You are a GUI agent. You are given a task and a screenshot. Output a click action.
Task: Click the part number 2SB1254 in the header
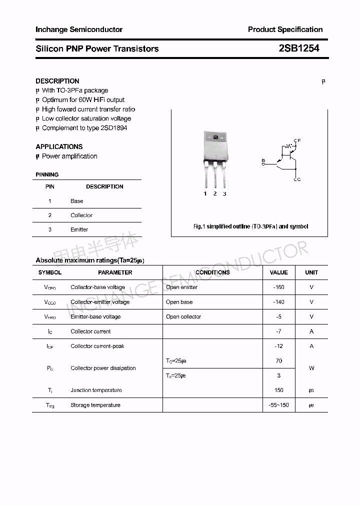click(x=298, y=48)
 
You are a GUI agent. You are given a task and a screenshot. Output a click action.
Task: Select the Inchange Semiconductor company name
click(x=79, y=29)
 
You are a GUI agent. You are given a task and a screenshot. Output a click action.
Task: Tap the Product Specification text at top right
click(x=285, y=29)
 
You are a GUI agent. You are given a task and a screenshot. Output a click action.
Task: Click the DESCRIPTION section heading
click(x=57, y=81)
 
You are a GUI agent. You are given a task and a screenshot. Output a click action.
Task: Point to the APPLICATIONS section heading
click(x=59, y=146)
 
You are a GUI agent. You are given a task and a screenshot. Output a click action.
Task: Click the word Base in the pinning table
click(x=76, y=201)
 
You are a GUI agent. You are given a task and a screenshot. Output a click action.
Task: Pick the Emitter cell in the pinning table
click(x=79, y=229)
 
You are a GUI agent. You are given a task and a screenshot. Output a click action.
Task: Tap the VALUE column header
click(x=278, y=272)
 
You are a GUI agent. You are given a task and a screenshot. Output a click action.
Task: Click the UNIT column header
click(x=311, y=272)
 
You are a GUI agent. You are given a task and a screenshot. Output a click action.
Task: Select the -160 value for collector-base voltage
click(x=278, y=287)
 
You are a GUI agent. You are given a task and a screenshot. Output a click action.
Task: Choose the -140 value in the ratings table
click(x=278, y=302)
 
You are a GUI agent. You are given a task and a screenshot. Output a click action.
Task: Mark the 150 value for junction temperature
click(x=278, y=390)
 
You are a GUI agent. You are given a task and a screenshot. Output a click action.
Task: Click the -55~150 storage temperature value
click(x=278, y=405)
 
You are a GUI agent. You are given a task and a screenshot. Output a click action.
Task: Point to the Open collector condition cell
click(x=183, y=316)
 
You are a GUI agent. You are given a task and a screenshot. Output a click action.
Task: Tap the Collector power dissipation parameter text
click(x=103, y=368)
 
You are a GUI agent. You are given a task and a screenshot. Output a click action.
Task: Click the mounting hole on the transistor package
click(x=215, y=137)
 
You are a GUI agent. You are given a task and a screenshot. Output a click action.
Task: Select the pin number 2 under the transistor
click(x=215, y=193)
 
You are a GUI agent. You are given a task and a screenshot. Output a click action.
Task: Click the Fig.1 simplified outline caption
click(x=250, y=226)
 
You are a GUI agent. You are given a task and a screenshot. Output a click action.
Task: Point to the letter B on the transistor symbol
click(x=263, y=160)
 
